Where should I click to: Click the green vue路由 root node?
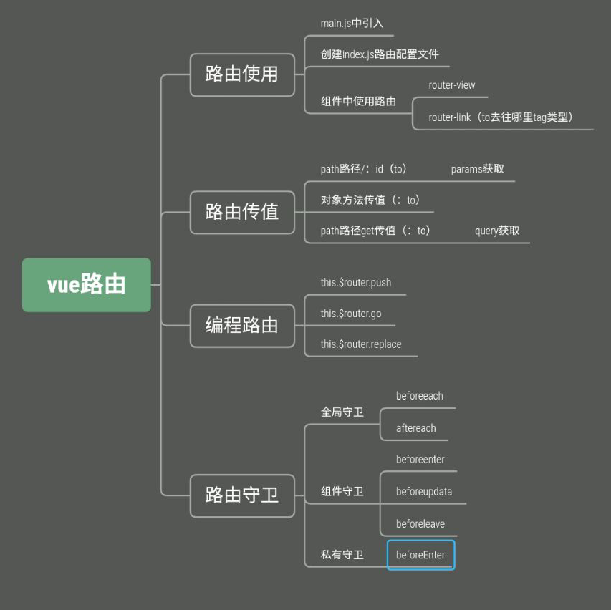tap(87, 285)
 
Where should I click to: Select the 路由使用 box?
tap(242, 74)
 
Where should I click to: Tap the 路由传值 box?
tap(242, 212)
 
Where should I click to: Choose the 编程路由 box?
tap(242, 326)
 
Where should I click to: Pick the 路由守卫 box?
tap(242, 495)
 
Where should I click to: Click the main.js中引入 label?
tap(352, 24)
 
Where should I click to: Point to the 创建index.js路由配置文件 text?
tap(380, 54)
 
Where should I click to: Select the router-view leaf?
tap(452, 85)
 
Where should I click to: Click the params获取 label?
tap(478, 169)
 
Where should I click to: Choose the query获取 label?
tap(497, 231)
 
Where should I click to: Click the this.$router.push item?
tap(356, 282)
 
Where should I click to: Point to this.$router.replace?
tap(361, 344)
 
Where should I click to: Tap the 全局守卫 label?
tap(342, 412)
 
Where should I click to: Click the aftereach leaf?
tap(416, 428)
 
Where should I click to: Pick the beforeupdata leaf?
tap(424, 492)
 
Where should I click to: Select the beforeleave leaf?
tap(420, 524)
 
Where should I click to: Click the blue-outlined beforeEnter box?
tap(420, 555)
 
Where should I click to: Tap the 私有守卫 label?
tap(342, 555)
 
